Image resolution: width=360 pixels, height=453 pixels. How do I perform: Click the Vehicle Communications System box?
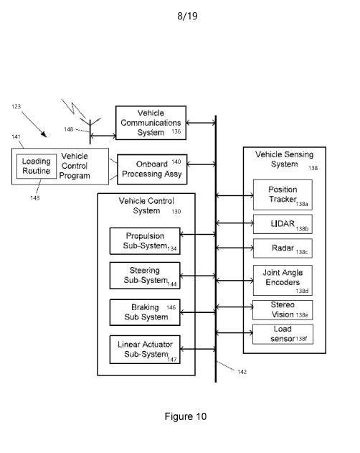tap(151, 123)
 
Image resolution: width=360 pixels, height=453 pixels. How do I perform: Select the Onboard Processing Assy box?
tap(152, 169)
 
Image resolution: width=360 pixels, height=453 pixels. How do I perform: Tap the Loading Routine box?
tap(37, 167)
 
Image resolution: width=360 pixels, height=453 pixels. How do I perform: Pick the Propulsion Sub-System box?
tap(145, 241)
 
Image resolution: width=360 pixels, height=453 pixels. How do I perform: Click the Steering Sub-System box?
tap(145, 276)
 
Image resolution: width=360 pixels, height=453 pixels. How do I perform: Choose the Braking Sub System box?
tap(145, 312)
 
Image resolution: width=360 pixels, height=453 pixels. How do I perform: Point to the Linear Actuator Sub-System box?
tap(145, 350)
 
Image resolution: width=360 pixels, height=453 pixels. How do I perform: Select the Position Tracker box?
tap(283, 195)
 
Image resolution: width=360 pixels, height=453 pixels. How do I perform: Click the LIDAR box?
tap(283, 224)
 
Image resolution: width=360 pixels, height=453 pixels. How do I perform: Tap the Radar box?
tap(283, 248)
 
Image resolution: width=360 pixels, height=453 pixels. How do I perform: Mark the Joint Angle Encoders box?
tap(283, 280)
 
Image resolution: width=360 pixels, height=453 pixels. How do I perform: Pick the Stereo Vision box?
tap(283, 310)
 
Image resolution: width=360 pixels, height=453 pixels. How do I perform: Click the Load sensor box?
tap(283, 335)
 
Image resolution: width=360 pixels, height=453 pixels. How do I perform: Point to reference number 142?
tap(242, 372)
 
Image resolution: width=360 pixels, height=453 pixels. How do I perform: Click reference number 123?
tap(16, 106)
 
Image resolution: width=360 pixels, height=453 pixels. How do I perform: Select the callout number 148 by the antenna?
tap(68, 129)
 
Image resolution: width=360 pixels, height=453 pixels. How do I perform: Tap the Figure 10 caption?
tap(186, 416)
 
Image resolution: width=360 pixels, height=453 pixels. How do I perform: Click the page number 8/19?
tap(187, 16)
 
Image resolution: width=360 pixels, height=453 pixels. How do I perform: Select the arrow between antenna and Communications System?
tap(103, 136)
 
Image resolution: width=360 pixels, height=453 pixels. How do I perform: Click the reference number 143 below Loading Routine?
tap(35, 198)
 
